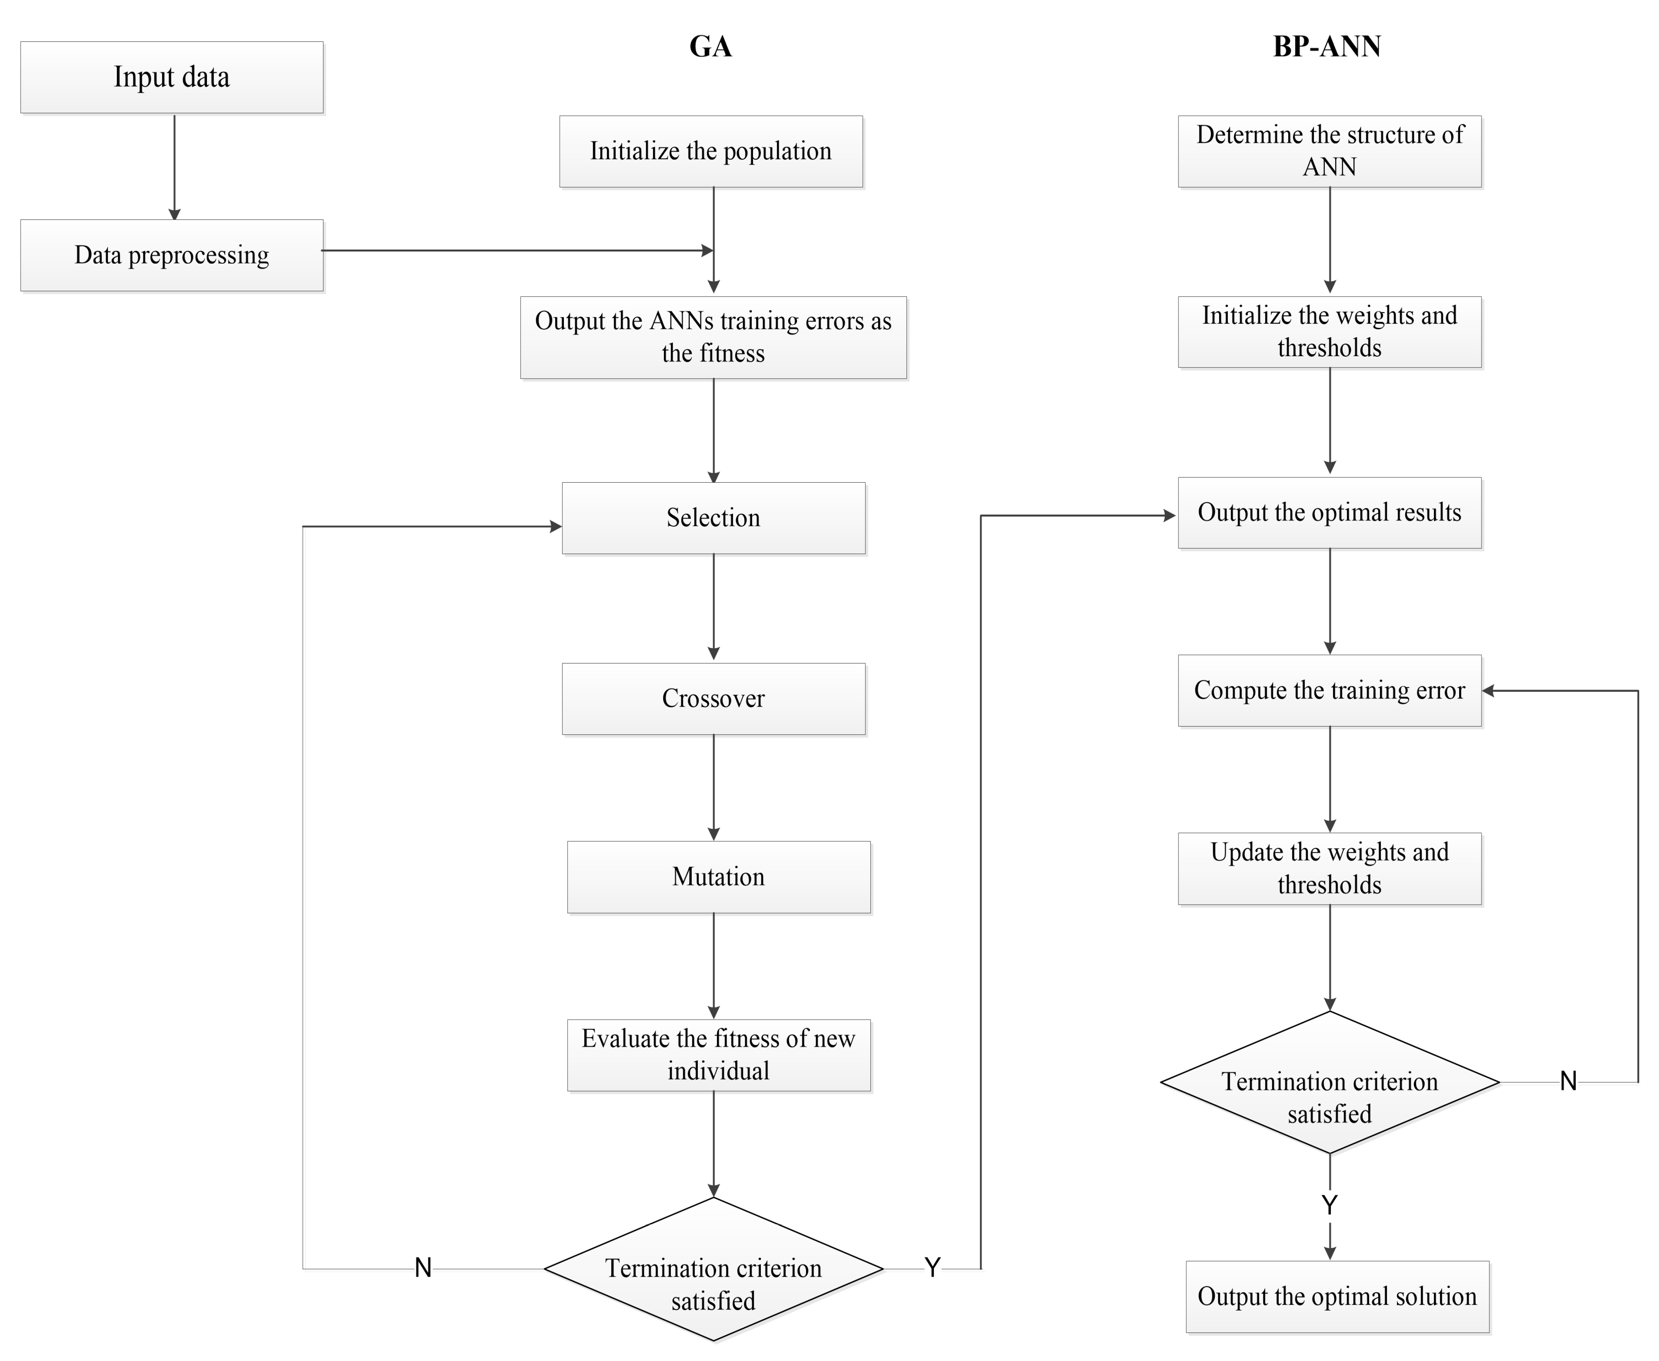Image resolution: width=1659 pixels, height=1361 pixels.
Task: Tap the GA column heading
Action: [710, 46]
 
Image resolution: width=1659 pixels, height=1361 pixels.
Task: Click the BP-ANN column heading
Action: [1326, 46]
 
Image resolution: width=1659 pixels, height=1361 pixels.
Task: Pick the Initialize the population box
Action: [710, 151]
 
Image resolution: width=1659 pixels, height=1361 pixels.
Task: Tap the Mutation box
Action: [718, 877]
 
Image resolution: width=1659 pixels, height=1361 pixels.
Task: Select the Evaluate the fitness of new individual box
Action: [718, 1055]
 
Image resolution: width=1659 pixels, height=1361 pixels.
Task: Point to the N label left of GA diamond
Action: [423, 1268]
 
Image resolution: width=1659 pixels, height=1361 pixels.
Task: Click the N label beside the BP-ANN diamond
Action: [1567, 1081]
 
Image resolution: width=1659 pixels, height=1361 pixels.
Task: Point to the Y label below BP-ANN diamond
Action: [1329, 1204]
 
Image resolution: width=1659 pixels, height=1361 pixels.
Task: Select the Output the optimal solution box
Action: [1337, 1297]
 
